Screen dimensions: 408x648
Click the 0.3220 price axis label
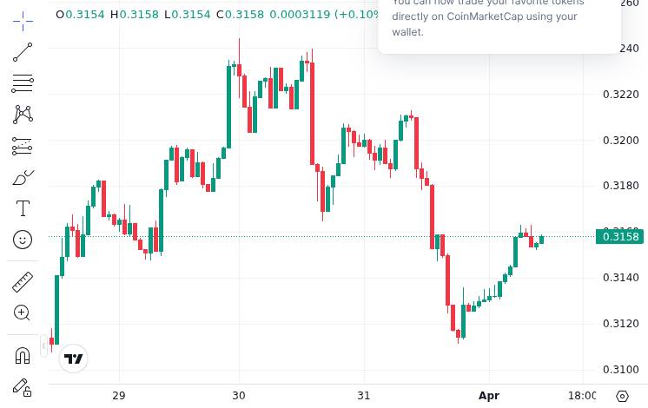(620, 95)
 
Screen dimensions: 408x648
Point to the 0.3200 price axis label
(620, 141)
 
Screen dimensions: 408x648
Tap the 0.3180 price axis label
(620, 186)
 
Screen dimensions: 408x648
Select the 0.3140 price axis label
(620, 278)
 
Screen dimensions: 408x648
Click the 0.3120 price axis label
(620, 324)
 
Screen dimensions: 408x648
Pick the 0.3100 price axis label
(620, 370)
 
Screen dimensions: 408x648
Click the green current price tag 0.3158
(619, 237)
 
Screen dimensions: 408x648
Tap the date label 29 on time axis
(119, 396)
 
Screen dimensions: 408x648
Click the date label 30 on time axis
(239, 396)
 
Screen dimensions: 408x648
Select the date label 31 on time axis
(363, 396)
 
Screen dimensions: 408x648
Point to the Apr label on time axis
(489, 396)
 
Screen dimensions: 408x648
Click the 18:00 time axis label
(582, 396)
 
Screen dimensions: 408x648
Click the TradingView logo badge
(74, 359)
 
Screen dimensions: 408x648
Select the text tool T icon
(23, 208)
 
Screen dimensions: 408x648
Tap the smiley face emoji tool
(23, 240)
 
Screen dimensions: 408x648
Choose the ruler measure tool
(23, 281)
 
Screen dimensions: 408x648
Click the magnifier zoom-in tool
(23, 313)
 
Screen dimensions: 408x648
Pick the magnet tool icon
(23, 355)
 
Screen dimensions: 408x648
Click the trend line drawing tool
(23, 52)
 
